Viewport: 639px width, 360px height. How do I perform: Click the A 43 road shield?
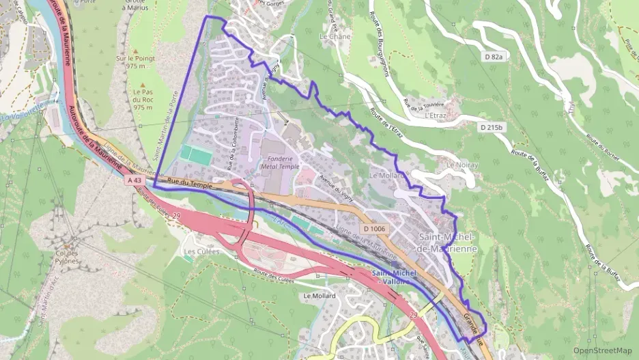pyautogui.click(x=134, y=180)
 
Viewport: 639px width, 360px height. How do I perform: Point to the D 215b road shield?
pyautogui.click(x=492, y=128)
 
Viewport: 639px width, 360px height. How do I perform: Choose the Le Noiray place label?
pyautogui.click(x=460, y=165)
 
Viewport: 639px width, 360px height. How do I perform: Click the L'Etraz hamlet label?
pyautogui.click(x=435, y=115)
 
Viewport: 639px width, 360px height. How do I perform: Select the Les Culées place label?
pyautogui.click(x=198, y=251)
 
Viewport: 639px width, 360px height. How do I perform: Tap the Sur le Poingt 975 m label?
pyautogui.click(x=135, y=62)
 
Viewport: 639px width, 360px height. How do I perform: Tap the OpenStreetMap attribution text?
pyautogui.click(x=602, y=350)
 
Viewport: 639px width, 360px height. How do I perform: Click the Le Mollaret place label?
pyautogui.click(x=386, y=175)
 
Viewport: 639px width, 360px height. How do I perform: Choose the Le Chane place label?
pyautogui.click(x=335, y=36)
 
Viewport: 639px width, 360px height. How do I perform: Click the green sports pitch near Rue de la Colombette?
pyautogui.click(x=196, y=156)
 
